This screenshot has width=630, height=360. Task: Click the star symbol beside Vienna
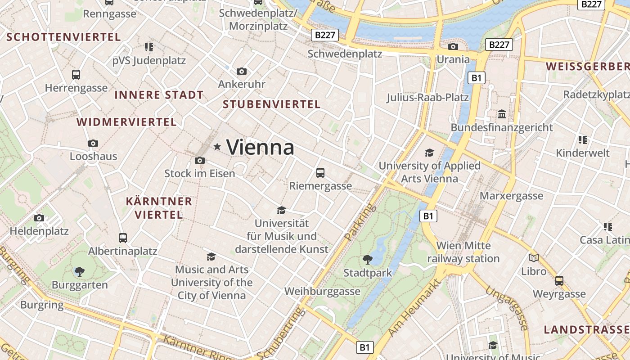point(217,146)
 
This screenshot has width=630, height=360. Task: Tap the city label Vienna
point(260,147)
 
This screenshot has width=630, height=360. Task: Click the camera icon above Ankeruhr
point(242,71)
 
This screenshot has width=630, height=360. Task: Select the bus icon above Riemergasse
point(320,172)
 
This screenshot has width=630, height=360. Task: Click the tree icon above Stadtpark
point(368,259)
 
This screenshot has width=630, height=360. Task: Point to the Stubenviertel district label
point(271,104)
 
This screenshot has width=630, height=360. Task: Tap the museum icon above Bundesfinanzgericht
point(502,114)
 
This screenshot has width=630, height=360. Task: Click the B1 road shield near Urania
point(477,78)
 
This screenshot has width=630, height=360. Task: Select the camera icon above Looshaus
point(93,143)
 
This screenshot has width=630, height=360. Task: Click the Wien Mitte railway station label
point(463,252)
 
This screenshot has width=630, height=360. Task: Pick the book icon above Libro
point(534,258)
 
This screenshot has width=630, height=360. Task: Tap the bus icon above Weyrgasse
point(559,281)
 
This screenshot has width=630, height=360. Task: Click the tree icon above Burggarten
point(80,271)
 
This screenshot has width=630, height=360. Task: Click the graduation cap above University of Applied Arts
point(430,153)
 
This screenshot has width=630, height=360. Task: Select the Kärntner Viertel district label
point(159,207)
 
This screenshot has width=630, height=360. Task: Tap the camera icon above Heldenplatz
point(39,218)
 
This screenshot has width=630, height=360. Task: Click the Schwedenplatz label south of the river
point(345,54)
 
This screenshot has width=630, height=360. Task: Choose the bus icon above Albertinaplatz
point(122,238)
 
